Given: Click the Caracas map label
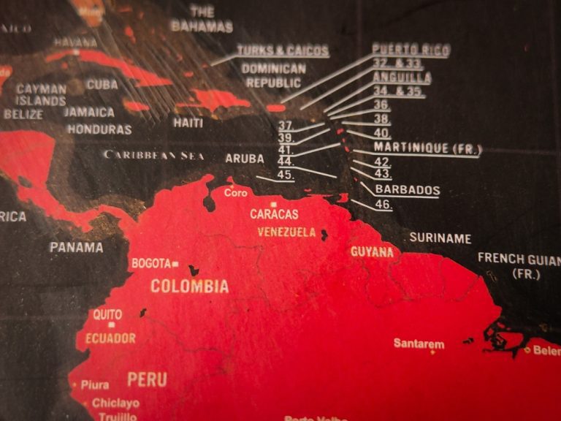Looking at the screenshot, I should (274, 214).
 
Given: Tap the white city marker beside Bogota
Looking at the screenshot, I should (175, 263).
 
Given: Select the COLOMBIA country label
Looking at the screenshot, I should (189, 286).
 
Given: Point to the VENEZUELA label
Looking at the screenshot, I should (287, 232).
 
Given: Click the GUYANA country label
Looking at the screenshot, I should (372, 252).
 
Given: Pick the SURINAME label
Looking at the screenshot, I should (440, 238).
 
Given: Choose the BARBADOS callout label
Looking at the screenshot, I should (407, 189).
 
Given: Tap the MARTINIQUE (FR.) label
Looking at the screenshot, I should (427, 148).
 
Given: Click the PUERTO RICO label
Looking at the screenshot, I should (411, 50).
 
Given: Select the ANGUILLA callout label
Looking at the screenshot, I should (402, 77).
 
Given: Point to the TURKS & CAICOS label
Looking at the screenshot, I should (283, 51).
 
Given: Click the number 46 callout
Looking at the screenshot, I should (383, 205).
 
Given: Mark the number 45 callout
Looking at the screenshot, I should (286, 174).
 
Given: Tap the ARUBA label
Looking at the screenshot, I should (245, 158).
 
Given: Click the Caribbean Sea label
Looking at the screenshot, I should (153, 155).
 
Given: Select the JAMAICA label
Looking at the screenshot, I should (88, 112).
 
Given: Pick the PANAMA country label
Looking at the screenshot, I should (76, 247).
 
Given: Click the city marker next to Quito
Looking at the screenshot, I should (111, 325).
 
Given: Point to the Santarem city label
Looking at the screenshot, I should (419, 343).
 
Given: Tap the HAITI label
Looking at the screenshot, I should (188, 123).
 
